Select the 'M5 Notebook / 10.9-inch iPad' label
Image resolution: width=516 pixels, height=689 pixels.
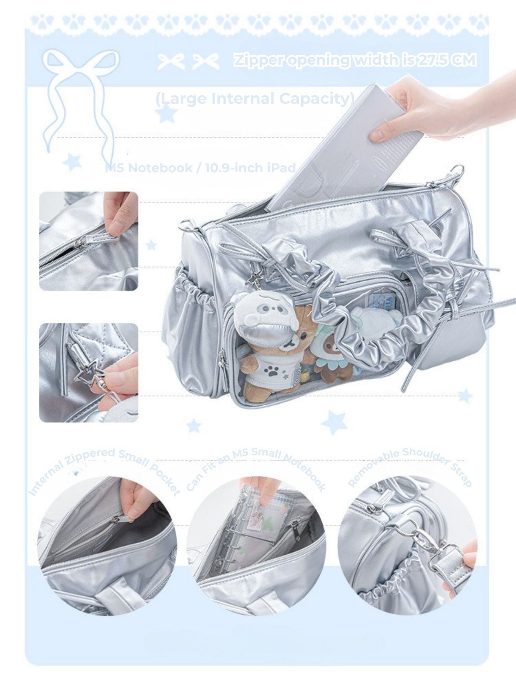point(201,168)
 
